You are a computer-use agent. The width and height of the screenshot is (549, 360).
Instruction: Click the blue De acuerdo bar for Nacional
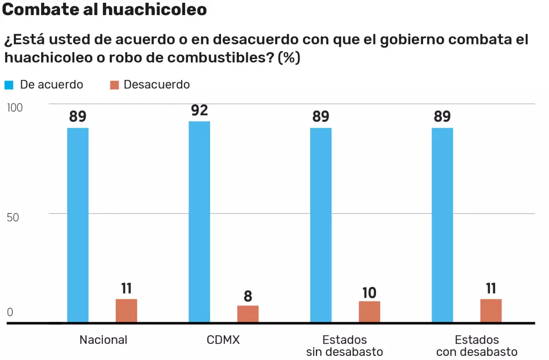pyautogui.click(x=78, y=225)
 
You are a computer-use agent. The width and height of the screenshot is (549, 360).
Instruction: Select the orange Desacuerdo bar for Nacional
pyautogui.click(x=126, y=311)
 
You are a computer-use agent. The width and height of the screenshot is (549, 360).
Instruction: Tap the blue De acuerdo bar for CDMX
pyautogui.click(x=199, y=221)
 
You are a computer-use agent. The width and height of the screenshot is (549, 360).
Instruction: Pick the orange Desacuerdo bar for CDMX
pyautogui.click(x=248, y=314)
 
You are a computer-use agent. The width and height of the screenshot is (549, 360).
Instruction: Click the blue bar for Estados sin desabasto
pyautogui.click(x=321, y=225)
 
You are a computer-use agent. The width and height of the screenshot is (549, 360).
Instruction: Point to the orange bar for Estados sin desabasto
pyautogui.click(x=369, y=312)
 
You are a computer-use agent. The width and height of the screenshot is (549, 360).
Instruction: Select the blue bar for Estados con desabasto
pyautogui.click(x=442, y=225)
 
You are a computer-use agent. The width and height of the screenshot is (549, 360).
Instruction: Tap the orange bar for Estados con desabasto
pyautogui.click(x=491, y=311)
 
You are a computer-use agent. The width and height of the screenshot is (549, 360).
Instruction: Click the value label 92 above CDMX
pyautogui.click(x=199, y=110)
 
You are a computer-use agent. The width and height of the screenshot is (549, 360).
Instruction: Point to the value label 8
pyautogui.click(x=248, y=296)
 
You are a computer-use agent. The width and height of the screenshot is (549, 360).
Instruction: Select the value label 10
pyautogui.click(x=369, y=292)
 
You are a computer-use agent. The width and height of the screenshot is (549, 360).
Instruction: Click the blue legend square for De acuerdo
pyautogui.click(x=9, y=85)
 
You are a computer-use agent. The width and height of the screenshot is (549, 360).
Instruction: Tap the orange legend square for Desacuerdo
pyautogui.click(x=114, y=85)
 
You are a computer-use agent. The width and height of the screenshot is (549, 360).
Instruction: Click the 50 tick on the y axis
pyautogui.click(x=13, y=217)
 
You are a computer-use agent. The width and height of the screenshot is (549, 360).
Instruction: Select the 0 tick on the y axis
pyautogui.click(x=10, y=313)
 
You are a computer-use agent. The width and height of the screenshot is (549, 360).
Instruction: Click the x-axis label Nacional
pyautogui.click(x=103, y=340)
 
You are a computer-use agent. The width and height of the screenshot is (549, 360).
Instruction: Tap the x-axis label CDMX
pyautogui.click(x=223, y=340)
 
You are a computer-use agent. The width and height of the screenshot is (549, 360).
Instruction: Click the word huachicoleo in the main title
pyautogui.click(x=155, y=10)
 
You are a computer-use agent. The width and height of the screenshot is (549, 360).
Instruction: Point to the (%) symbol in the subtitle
pyautogui.click(x=289, y=58)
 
